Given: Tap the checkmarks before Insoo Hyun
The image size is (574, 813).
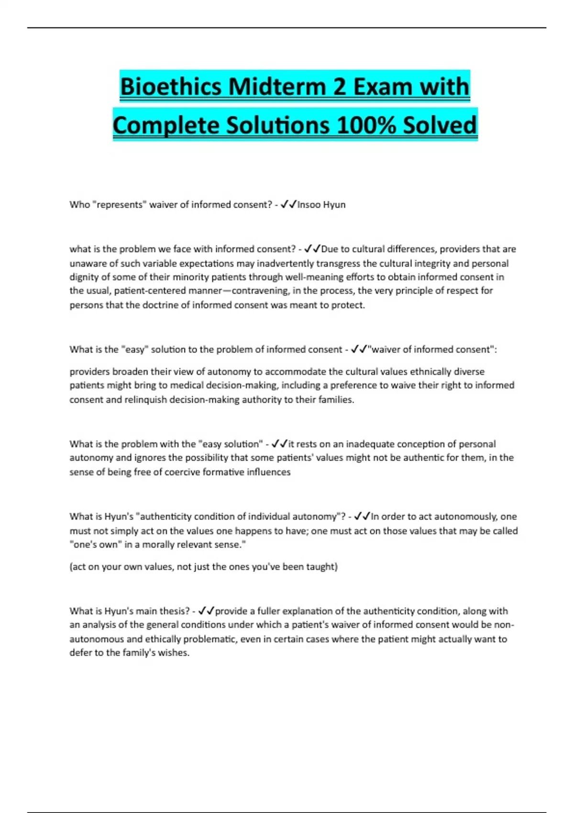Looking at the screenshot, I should [x=288, y=205].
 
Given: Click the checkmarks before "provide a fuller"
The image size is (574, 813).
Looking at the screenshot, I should [x=206, y=611].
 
